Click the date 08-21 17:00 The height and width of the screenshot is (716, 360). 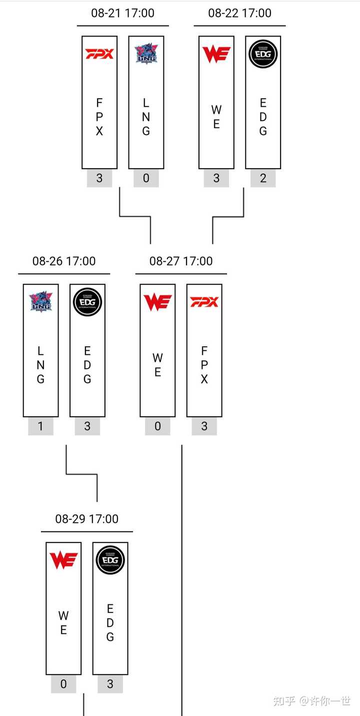122,13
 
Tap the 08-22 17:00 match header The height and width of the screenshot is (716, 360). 239,13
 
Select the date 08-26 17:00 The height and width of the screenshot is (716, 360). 64,261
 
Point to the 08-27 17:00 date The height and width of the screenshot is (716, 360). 181,261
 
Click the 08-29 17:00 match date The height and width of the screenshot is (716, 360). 87,519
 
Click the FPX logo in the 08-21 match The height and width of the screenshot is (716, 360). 99,54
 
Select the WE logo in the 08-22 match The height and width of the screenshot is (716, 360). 216,54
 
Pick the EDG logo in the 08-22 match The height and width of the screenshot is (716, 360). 263,54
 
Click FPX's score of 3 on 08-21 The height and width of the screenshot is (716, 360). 99,178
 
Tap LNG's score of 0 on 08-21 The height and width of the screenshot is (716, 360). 146,178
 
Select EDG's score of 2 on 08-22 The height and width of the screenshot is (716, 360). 263,178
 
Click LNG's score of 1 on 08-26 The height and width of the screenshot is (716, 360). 40,426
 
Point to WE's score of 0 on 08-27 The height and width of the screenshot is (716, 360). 157,426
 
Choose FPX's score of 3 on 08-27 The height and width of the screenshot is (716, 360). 204,426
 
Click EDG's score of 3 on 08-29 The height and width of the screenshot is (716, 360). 110,684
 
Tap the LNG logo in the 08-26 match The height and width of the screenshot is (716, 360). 40,302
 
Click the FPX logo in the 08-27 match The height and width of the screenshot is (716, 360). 204,302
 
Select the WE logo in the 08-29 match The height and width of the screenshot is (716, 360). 63,560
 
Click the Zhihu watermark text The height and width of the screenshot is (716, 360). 312,700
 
